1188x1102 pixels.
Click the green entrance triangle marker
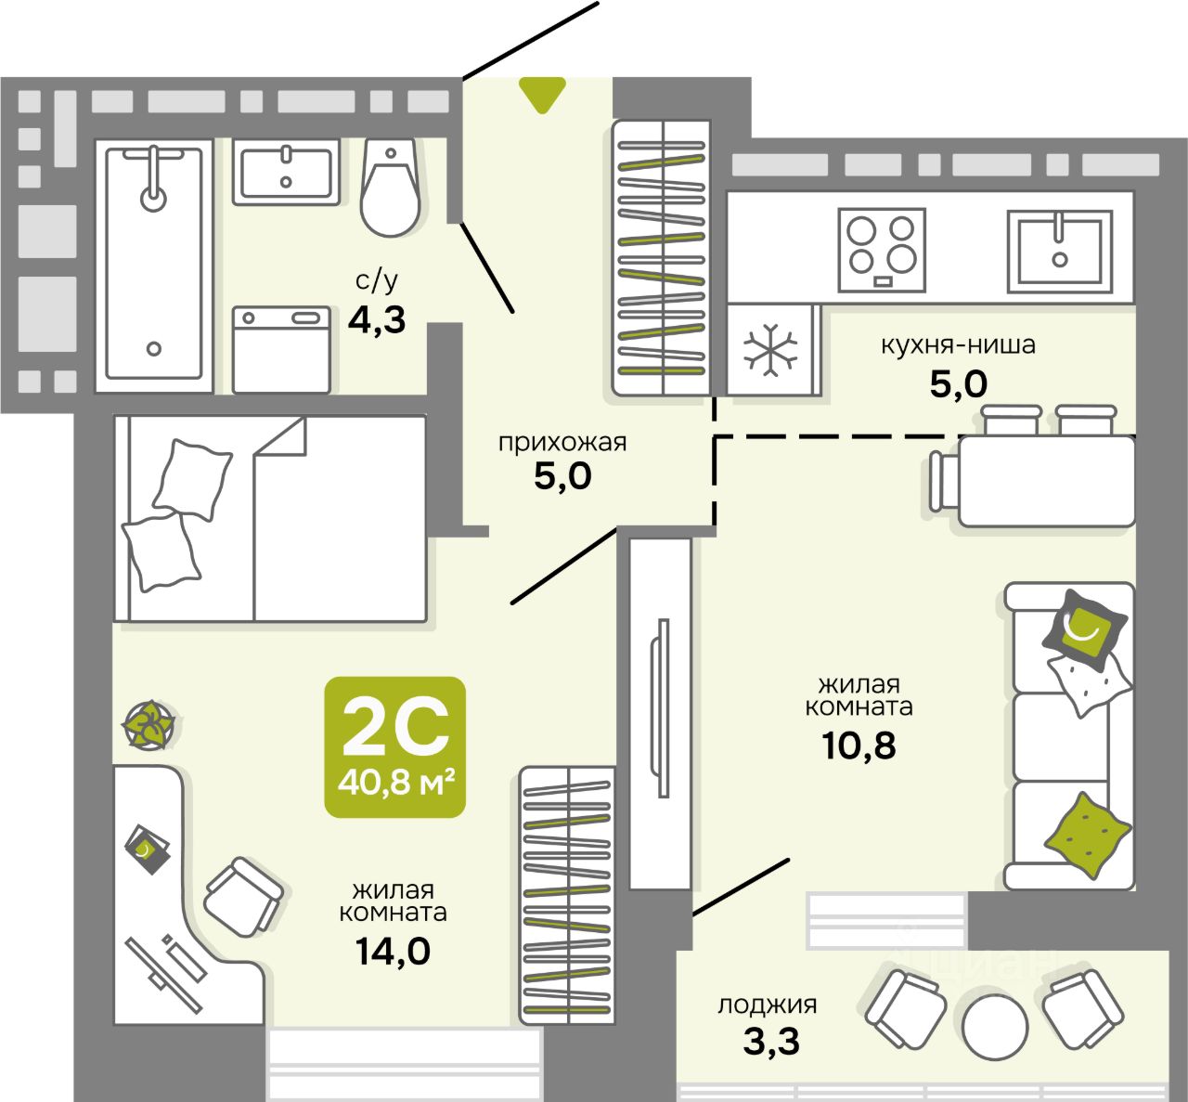tap(542, 94)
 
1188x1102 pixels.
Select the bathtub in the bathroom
tap(154, 266)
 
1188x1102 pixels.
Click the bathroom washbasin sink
tap(286, 172)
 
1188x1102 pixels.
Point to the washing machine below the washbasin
tap(281, 350)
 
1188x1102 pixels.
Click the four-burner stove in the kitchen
tap(882, 251)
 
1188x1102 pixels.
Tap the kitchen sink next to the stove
tap(1059, 252)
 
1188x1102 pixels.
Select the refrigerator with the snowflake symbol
tap(773, 350)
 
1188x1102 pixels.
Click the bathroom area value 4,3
tap(377, 320)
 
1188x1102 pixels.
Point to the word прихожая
tap(562, 444)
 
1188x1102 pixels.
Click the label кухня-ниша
tap(959, 345)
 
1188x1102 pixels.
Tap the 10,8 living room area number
tap(859, 745)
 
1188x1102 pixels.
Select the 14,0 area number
tap(393, 952)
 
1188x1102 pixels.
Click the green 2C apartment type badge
tap(394, 747)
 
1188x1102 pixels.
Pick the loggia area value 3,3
tap(771, 1042)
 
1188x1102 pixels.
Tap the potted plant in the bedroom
tap(148, 724)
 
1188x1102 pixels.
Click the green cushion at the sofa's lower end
tap(1087, 835)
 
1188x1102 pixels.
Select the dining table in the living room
tap(1046, 481)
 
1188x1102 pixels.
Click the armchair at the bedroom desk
tap(243, 897)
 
